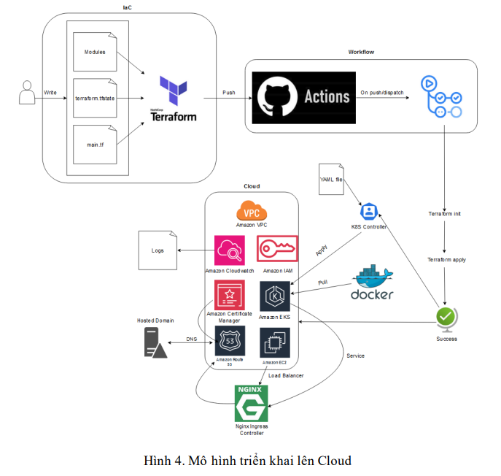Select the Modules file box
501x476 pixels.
pos(95,53)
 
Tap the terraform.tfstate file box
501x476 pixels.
pos(95,98)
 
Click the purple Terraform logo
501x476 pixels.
pos(173,91)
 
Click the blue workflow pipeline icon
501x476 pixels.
pos(440,96)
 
